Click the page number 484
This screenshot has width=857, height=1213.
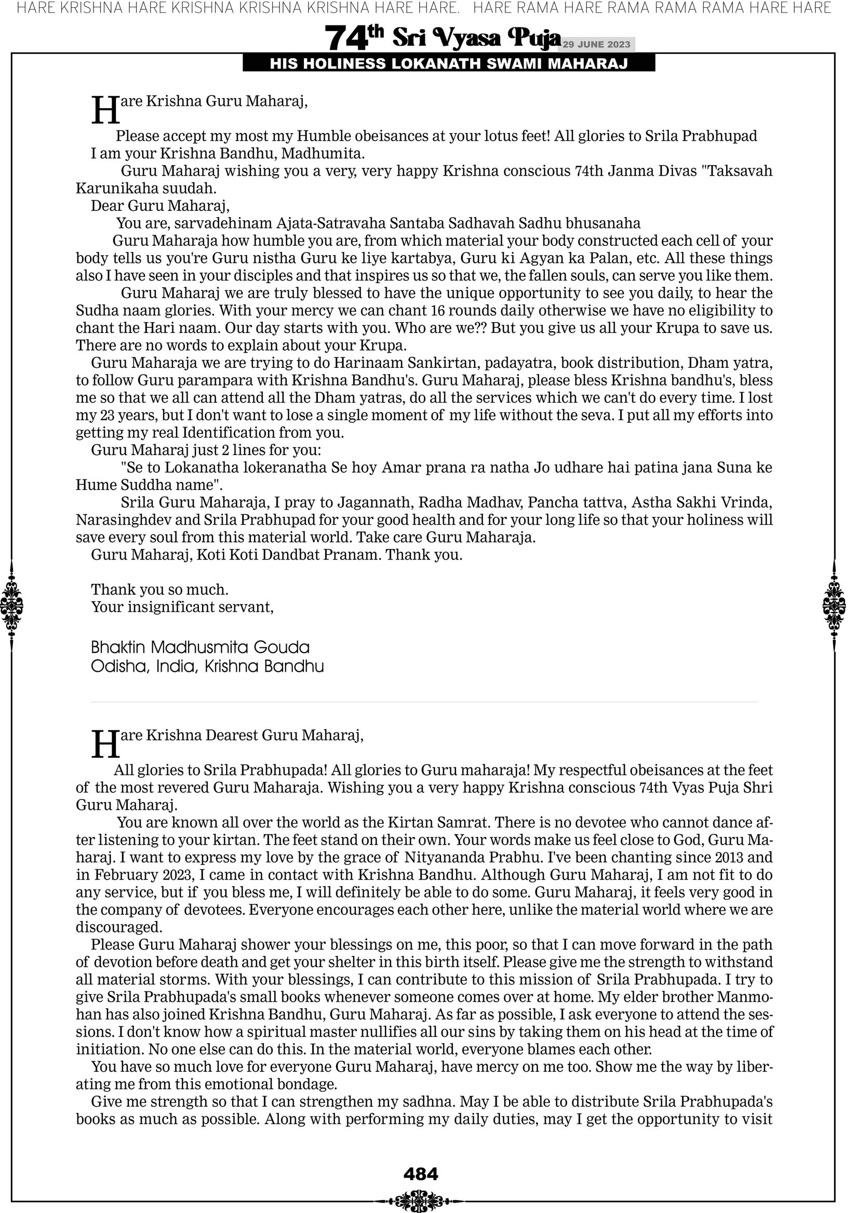click(x=421, y=1174)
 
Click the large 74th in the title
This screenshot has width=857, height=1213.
click(x=354, y=37)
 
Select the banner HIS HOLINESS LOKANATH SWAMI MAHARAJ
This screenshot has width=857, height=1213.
click(x=449, y=64)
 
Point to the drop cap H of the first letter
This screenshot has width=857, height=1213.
click(x=105, y=111)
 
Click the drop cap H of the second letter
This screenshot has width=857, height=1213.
click(x=105, y=744)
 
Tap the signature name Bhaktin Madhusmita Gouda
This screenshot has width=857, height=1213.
click(x=200, y=647)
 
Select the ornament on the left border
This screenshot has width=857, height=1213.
click(x=11, y=605)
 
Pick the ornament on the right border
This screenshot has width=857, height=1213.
click(x=834, y=605)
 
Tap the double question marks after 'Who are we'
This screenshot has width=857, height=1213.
click(x=480, y=328)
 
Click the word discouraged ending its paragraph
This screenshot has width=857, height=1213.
click(x=118, y=927)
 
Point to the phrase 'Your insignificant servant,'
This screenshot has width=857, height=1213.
click(x=182, y=607)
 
